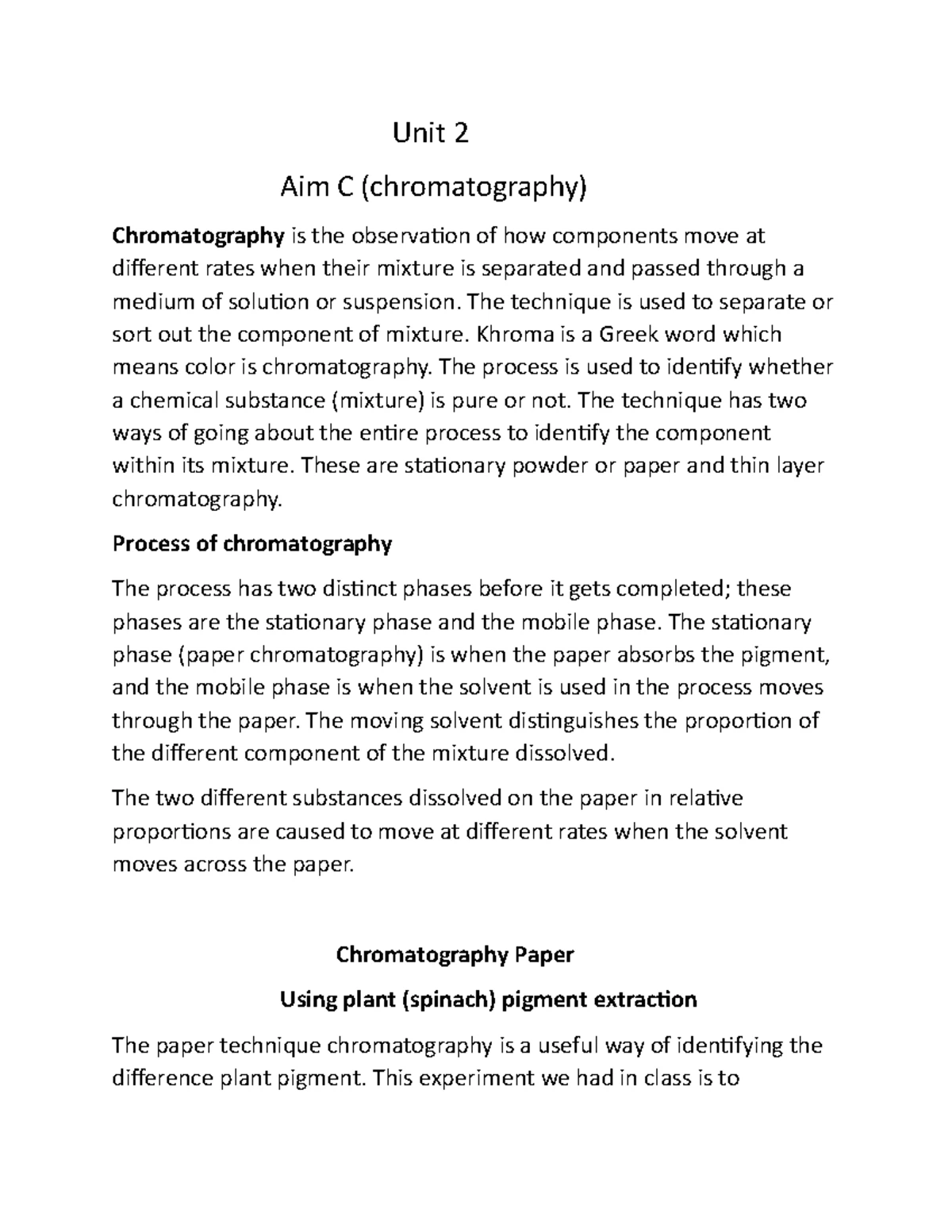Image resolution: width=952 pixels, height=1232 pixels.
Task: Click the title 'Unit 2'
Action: pos(431,133)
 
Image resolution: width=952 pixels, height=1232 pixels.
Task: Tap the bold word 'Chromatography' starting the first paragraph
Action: pos(198,236)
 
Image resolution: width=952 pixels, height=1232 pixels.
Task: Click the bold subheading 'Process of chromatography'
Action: pos(252,544)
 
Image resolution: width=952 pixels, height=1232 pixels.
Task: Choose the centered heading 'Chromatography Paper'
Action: pos(455,954)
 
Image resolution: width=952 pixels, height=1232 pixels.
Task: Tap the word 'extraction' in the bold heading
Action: pos(646,1000)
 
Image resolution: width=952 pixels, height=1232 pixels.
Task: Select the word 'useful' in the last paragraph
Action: pos(569,1046)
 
